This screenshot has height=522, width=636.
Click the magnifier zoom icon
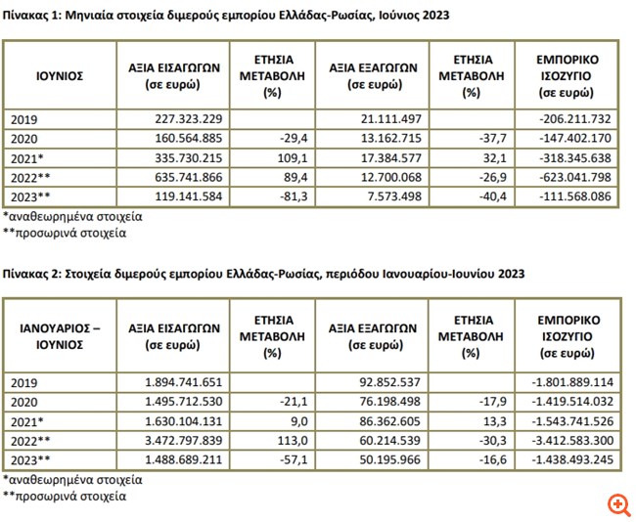click(x=617, y=504)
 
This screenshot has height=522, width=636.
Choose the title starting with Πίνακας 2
click(x=263, y=275)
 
